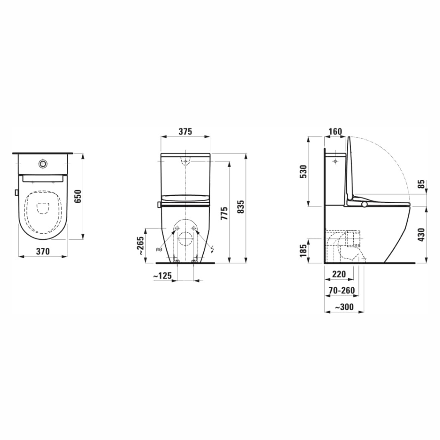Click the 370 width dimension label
(43, 251)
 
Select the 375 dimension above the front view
(185, 131)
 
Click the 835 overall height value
(241, 207)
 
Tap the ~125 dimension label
(162, 276)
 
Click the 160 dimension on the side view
(335, 131)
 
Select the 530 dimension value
(303, 172)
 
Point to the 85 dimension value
(421, 184)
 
